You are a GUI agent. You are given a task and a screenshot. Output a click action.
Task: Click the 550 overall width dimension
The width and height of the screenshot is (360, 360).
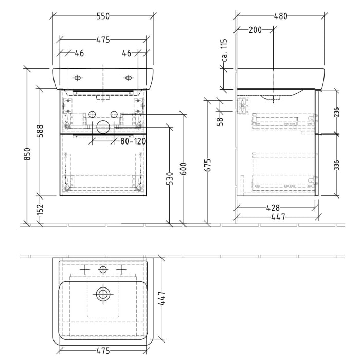tap(103, 16)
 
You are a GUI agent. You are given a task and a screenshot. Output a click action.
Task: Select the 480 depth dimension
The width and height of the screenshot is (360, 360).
tap(280, 16)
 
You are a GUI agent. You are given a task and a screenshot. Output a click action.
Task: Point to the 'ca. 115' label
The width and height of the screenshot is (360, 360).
tap(224, 50)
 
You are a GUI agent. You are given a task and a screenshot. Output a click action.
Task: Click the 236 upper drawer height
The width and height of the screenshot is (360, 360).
tap(337, 112)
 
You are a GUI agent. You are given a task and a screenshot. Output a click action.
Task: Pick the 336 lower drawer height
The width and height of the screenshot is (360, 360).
tap(337, 165)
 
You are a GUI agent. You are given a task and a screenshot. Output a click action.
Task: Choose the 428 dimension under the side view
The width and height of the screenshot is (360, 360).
tap(273, 208)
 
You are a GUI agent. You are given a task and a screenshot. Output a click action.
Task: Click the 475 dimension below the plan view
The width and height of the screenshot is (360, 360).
tap(103, 351)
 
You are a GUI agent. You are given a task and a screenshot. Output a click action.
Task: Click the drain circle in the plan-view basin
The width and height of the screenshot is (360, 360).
tap(103, 294)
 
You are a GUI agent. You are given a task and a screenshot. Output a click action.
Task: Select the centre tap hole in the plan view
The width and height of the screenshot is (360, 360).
tap(103, 269)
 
